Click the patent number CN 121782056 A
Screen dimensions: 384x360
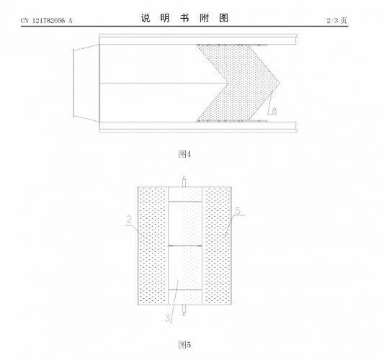47,21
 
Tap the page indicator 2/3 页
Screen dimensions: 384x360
336,20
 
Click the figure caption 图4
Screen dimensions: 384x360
184,154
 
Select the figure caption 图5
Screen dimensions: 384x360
184,345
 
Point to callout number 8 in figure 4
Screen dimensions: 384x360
274,110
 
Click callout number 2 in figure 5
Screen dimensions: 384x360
129,220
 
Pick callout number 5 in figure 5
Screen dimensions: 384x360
238,211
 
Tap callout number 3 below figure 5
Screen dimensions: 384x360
168,318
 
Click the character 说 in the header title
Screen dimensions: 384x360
146,18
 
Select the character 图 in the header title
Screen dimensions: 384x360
223,18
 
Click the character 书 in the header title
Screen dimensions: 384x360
184,18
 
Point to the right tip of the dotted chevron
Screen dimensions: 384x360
280,83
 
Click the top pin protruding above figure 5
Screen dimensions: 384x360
184,181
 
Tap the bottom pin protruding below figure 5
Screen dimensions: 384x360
184,310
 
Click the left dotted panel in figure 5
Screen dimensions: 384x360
153,246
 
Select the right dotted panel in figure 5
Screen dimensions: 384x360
217,246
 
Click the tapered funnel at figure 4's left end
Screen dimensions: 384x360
86,83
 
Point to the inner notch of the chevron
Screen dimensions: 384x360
228,83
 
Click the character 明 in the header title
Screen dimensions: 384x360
165,18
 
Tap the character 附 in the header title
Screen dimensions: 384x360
204,18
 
